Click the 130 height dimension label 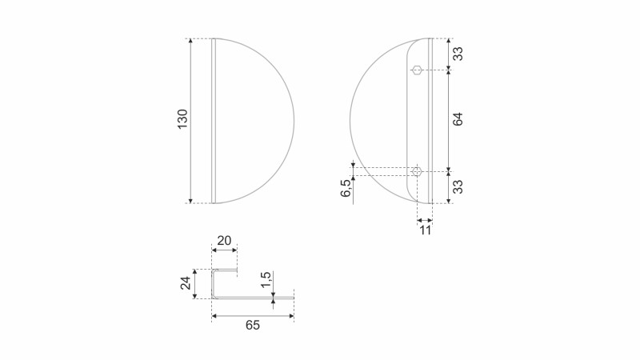(182, 119)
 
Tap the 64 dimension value (458, 119)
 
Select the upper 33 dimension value (458, 54)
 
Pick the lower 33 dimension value (458, 186)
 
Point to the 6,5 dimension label (346, 188)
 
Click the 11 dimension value (426, 230)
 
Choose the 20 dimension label (224, 241)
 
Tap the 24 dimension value (186, 283)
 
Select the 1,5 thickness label (266, 280)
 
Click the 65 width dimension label (253, 326)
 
